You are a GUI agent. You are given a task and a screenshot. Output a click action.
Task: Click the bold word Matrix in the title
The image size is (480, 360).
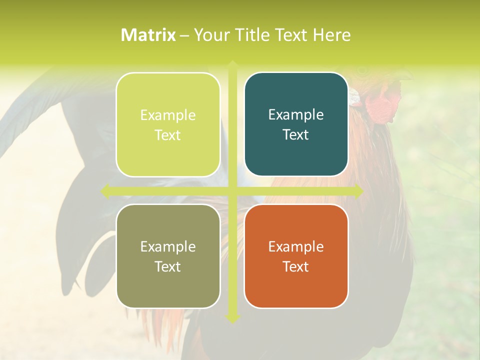click(148, 35)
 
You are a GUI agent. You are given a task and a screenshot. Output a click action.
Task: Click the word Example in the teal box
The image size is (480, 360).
click(296, 115)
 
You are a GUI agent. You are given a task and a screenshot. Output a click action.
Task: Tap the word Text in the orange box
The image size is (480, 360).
click(296, 266)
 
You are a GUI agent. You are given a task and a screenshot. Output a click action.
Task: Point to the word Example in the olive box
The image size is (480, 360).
click(168, 246)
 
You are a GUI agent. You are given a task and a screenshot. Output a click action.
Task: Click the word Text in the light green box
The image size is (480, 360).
click(168, 135)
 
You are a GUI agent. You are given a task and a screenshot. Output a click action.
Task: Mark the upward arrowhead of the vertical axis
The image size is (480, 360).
click(232, 65)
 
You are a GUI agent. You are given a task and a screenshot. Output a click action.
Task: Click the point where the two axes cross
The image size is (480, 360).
click(232, 191)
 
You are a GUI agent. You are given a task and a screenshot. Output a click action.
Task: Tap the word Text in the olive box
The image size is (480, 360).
click(168, 266)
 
